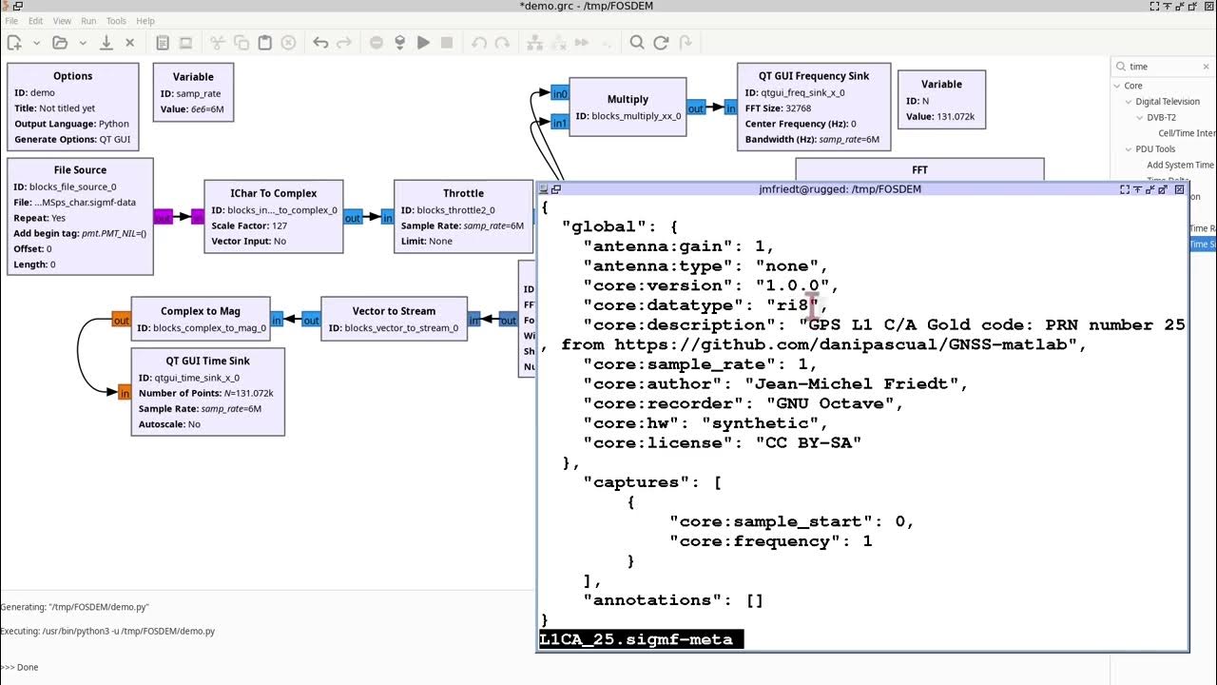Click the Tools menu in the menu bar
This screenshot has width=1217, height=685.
pyautogui.click(x=116, y=21)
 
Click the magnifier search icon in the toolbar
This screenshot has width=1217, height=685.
pyautogui.click(x=637, y=43)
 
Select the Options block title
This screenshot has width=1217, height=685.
pyautogui.click(x=73, y=76)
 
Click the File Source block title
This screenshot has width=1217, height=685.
pyautogui.click(x=81, y=170)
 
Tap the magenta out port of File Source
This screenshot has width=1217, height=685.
pyautogui.click(x=163, y=218)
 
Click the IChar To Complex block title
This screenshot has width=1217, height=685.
pyautogui.click(x=274, y=193)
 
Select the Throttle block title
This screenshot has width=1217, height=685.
pyautogui.click(x=463, y=193)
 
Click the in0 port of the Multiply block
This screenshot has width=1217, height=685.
pyautogui.click(x=560, y=94)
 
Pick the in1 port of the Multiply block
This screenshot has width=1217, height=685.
pyautogui.click(x=560, y=123)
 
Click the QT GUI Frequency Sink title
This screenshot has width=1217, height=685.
pyautogui.click(x=813, y=76)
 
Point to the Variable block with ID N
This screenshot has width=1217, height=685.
pyautogui.click(x=941, y=99)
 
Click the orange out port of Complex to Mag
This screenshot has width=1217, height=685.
pyautogui.click(x=121, y=321)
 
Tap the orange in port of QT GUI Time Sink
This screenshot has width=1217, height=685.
pyautogui.click(x=124, y=392)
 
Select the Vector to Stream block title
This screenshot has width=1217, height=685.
pyautogui.click(x=394, y=311)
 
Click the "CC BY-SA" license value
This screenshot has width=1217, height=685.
pyautogui.click(x=808, y=442)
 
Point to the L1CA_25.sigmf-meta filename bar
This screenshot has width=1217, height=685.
pyautogui.click(x=640, y=640)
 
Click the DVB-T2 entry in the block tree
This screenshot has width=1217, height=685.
pyautogui.click(x=1161, y=118)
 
